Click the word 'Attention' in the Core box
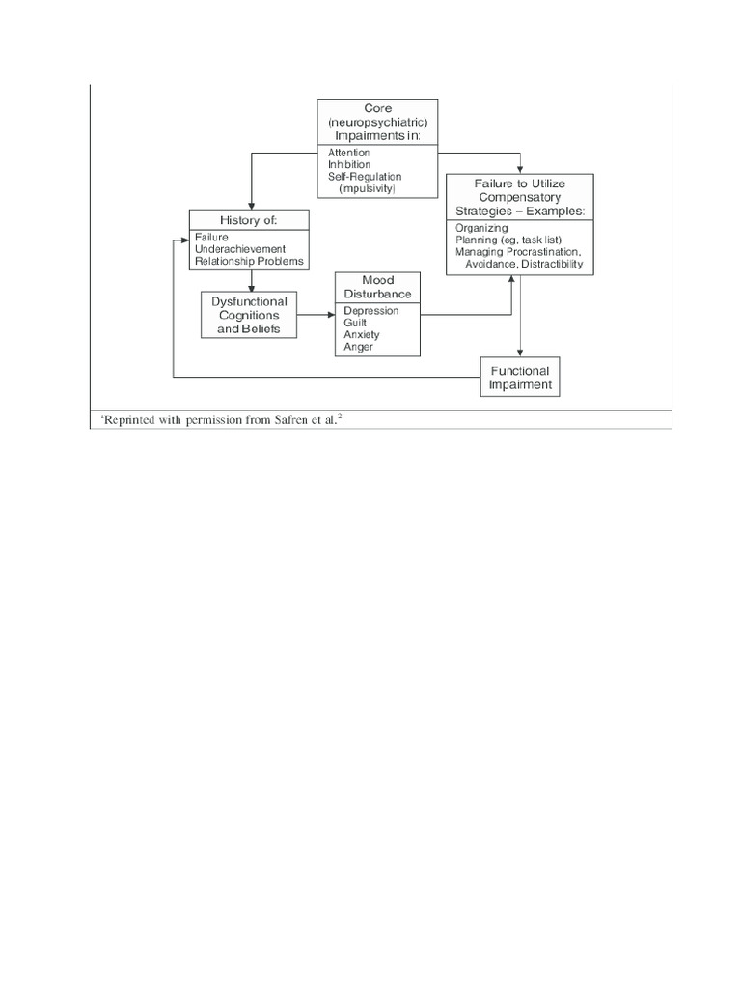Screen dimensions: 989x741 pos(348,153)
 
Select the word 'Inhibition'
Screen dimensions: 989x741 pos(348,164)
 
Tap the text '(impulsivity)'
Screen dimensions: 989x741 pos(368,188)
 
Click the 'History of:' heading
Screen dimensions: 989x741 pos(249,220)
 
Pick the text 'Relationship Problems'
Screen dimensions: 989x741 pos(249,260)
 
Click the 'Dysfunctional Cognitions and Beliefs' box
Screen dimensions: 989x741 pos(249,315)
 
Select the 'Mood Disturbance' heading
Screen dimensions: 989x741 pos(377,287)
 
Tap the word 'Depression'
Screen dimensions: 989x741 pos(370,311)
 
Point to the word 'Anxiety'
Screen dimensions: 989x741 pos(361,334)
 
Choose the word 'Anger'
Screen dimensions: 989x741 pos(357,346)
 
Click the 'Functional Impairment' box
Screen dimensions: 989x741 pos(520,378)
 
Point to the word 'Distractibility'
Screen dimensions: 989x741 pos(552,263)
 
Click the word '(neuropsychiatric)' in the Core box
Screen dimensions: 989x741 pos(377,123)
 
